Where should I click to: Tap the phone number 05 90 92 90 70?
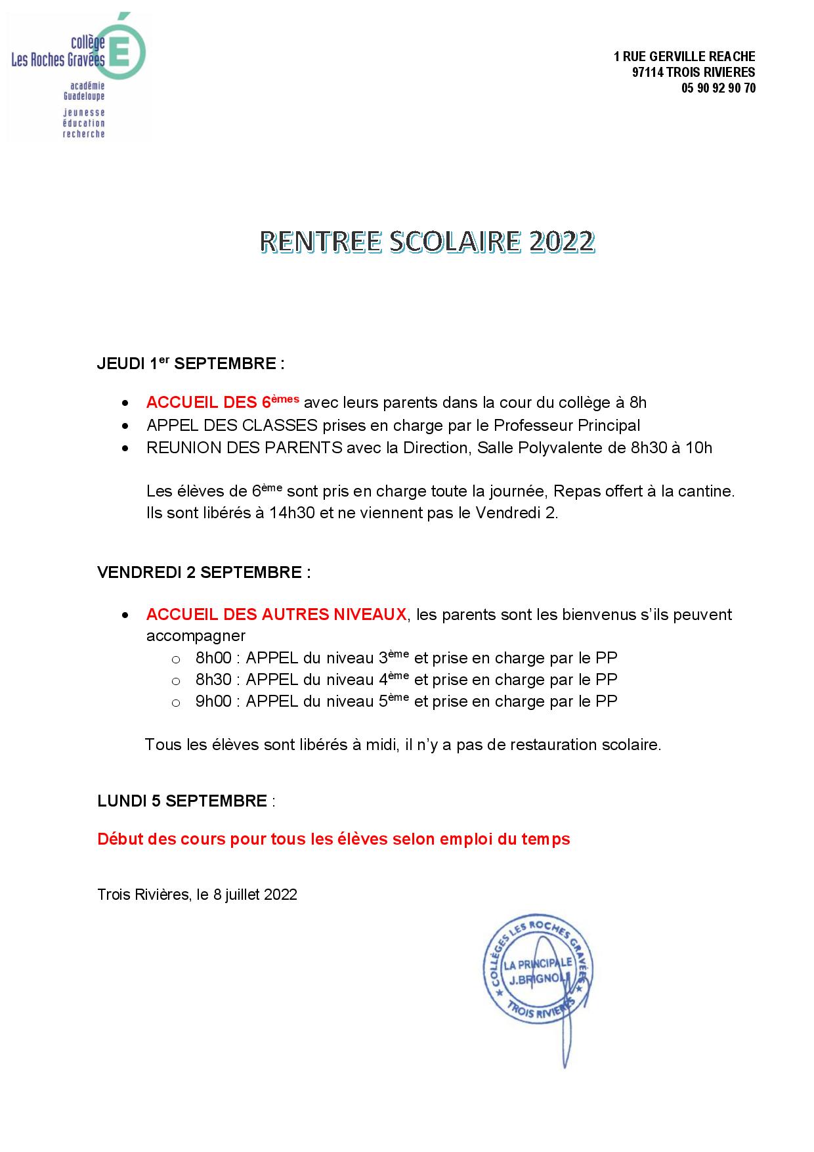718,88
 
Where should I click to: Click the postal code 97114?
647,72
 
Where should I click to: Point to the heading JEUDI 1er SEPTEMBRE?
190,363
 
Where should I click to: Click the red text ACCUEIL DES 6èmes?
223,401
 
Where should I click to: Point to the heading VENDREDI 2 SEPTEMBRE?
203,572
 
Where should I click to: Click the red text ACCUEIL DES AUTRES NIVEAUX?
276,615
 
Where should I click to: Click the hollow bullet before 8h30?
175,681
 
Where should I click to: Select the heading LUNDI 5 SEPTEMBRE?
182,801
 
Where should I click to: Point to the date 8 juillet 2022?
255,895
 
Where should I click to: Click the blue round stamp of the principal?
537,972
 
